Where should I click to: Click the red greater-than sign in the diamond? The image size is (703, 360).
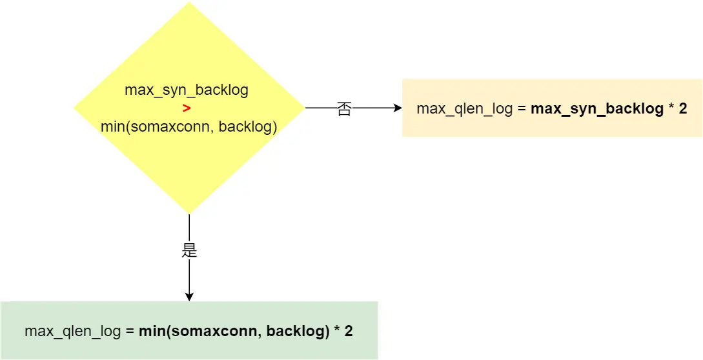click(x=186, y=108)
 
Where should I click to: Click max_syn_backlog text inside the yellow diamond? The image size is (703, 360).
click(x=187, y=90)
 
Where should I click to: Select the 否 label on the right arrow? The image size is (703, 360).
click(x=344, y=109)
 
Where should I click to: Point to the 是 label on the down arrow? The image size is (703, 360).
click(x=189, y=250)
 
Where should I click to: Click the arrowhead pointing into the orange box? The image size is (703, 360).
click(x=398, y=108)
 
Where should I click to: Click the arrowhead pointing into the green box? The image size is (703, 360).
click(x=189, y=297)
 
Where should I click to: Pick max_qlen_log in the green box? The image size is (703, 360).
click(x=73, y=332)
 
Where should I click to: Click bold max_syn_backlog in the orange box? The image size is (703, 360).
click(x=597, y=108)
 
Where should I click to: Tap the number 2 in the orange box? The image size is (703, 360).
click(x=683, y=108)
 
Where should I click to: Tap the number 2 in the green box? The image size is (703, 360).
click(x=349, y=332)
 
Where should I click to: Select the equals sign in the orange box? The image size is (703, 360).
click(x=522, y=108)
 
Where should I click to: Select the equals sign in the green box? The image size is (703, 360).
click(x=130, y=332)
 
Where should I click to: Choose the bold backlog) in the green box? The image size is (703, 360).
click(x=298, y=332)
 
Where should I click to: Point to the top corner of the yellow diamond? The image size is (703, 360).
click(x=189, y=3)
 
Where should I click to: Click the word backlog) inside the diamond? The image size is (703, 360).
click(x=248, y=127)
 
